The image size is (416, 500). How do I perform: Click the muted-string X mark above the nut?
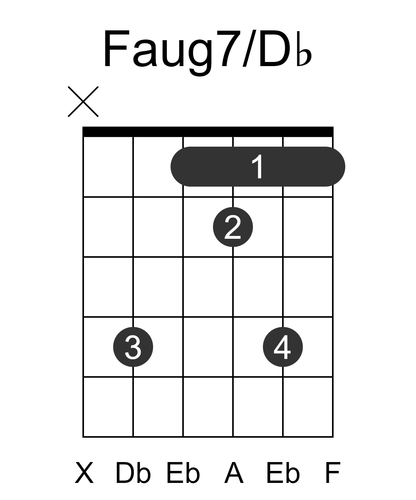pos(83,102)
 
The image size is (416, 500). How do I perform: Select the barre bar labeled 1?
pos(258,166)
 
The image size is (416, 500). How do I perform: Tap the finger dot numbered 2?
pos(233,227)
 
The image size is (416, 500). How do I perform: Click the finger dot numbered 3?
pos(133,347)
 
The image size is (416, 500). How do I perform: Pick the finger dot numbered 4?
pos(283,347)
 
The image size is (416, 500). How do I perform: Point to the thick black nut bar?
pos(208,132)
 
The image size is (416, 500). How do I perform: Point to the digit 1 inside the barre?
pos(257,166)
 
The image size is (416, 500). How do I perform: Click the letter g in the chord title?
pos(200,58)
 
